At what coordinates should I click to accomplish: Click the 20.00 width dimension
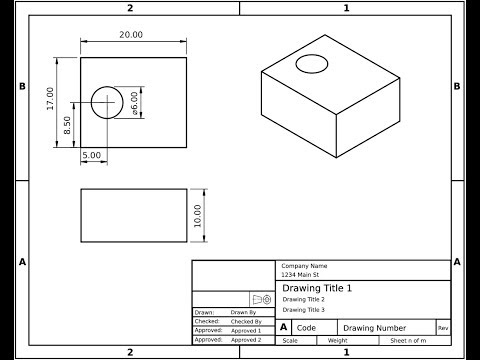coord(132,35)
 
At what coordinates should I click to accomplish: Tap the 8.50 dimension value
coord(68,126)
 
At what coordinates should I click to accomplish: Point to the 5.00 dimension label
coord(91,156)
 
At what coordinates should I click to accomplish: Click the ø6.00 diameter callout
coord(135,103)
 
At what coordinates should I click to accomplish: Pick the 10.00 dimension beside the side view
coord(198,216)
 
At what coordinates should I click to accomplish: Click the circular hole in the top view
coord(106,102)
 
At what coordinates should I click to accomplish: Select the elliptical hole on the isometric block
coord(313,64)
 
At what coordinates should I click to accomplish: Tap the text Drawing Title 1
coord(317,288)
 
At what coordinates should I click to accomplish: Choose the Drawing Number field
coord(375,328)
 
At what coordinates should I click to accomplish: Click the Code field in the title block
coord(306,328)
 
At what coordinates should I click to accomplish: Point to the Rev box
coord(443,328)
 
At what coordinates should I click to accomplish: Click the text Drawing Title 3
coord(303,310)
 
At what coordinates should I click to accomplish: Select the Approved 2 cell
coord(246,340)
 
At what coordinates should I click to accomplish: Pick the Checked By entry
coord(246,321)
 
